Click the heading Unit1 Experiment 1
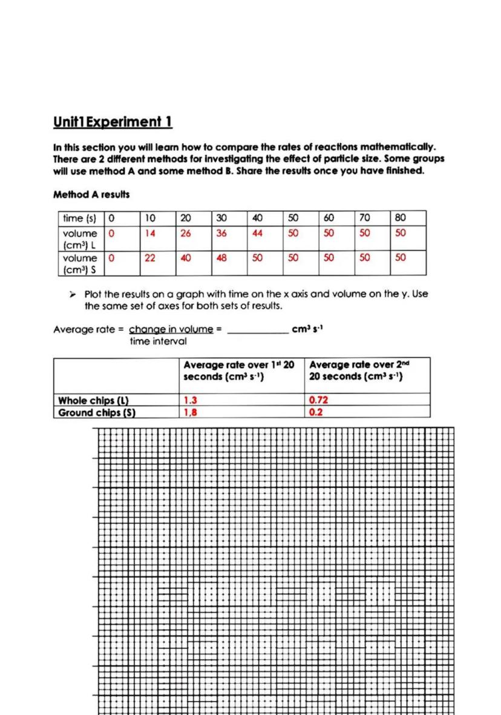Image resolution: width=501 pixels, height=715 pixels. tap(113, 122)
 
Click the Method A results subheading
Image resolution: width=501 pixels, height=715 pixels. tap(91, 195)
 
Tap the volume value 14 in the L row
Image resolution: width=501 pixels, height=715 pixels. tap(149, 233)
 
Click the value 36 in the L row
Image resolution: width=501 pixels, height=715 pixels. tap(221, 233)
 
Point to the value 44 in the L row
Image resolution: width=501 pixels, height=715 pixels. tap(257, 233)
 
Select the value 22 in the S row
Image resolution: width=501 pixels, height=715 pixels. tap(149, 257)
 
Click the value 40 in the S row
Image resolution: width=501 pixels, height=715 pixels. tap(185, 257)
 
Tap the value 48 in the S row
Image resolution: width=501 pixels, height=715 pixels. tap(221, 257)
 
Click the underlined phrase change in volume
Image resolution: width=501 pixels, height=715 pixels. tap(171, 329)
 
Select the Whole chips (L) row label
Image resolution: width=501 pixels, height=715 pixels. tap(94, 400)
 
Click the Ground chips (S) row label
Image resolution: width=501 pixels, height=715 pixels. tap(96, 413)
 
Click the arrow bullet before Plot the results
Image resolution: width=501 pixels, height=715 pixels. tap(72, 294)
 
